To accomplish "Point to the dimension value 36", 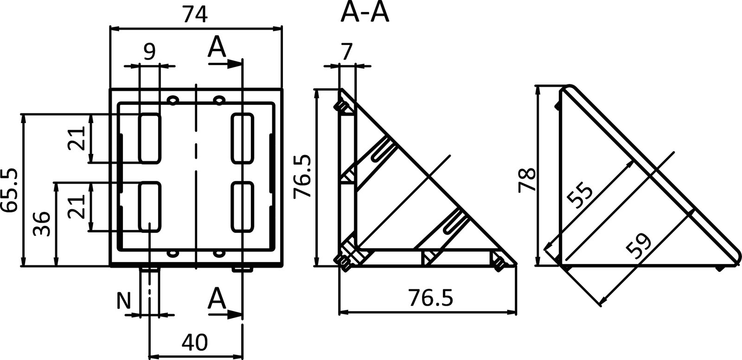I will pos(43,224).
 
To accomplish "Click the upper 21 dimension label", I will pos(76,138).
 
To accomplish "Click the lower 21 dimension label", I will pos(76,207).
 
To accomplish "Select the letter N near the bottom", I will pos(123,301).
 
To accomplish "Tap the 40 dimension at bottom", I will pos(194,342).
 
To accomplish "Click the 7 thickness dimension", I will pos(348,51).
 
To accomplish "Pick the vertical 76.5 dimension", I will pos(303,177).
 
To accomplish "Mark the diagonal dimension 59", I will pos(639,245).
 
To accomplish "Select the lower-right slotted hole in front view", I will pos(243,207).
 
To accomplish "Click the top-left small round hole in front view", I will pos(173,100).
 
